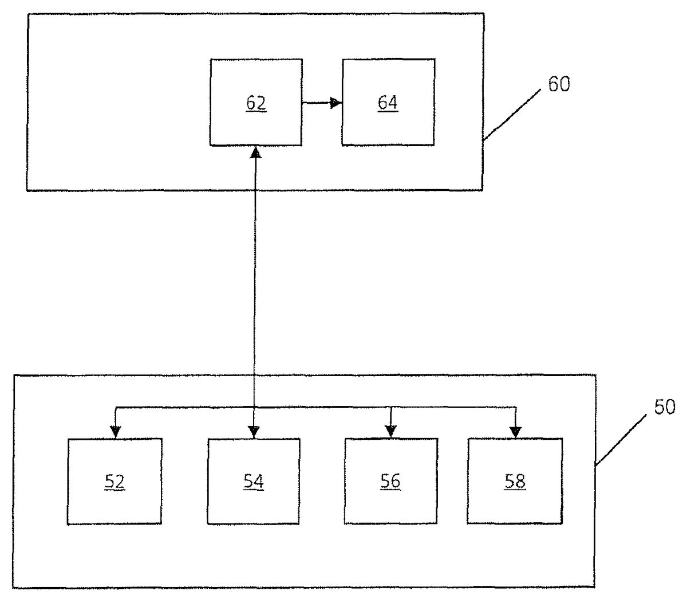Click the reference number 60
(559, 84)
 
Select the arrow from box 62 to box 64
(321, 103)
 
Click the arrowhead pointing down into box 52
(115, 432)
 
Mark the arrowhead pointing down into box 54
(254, 432)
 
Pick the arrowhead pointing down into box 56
(390, 432)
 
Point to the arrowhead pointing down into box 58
(515, 432)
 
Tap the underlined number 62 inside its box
(256, 104)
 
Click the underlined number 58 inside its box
(515, 482)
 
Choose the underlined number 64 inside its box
(388, 104)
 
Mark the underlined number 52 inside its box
(114, 482)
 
